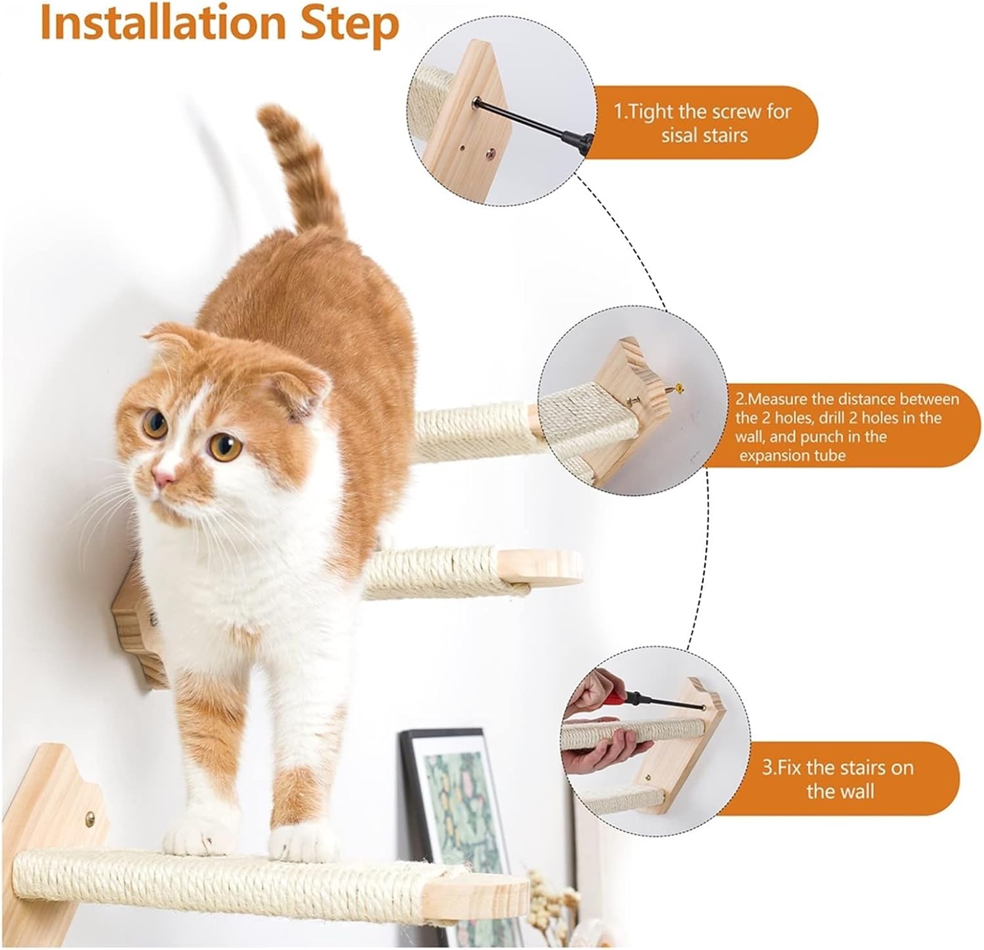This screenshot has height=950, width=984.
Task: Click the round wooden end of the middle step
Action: pyautogui.click(x=541, y=568)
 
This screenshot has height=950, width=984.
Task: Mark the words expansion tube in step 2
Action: pyautogui.click(x=792, y=454)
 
